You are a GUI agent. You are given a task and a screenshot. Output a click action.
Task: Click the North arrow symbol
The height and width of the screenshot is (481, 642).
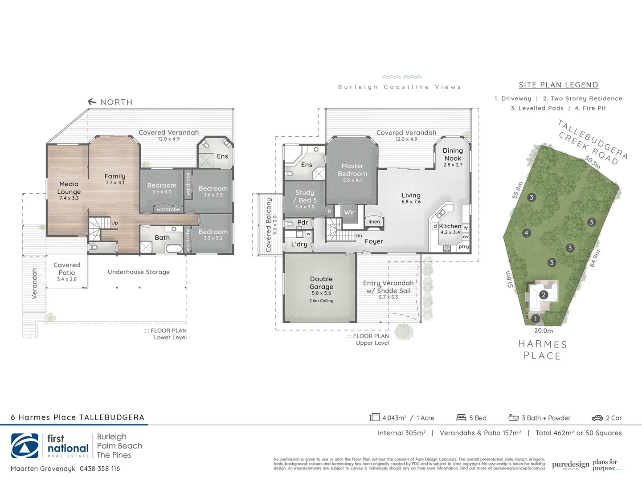(92, 102)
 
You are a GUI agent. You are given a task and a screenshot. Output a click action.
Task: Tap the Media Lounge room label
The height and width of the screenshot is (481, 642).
(69, 188)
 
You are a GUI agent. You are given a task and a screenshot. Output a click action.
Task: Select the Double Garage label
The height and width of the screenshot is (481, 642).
(321, 283)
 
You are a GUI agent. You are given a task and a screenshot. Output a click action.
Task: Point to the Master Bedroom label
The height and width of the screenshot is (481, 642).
(352, 170)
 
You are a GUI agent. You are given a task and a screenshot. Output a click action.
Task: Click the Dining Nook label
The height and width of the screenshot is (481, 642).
(453, 155)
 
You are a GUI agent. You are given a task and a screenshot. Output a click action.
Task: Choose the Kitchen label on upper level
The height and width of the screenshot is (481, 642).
(450, 226)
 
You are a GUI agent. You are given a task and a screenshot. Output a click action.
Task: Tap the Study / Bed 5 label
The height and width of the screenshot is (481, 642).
(305, 196)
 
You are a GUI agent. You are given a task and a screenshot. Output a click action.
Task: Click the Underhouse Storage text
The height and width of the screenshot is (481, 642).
(139, 272)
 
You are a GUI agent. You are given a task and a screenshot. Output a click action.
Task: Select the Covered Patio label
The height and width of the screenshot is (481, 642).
(67, 269)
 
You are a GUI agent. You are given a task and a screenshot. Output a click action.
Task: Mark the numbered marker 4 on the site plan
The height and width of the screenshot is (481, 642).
(526, 233)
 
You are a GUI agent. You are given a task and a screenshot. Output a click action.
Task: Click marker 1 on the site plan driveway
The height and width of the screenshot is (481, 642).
(536, 318)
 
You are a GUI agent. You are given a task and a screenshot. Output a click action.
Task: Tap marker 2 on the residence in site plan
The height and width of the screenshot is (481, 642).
(543, 295)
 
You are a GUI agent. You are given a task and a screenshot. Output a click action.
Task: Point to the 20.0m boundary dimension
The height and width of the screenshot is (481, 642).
(544, 331)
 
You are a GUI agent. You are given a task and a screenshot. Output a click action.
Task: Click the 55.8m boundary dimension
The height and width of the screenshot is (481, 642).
(517, 190)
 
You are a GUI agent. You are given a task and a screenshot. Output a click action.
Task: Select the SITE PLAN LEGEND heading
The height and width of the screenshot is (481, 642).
(558, 85)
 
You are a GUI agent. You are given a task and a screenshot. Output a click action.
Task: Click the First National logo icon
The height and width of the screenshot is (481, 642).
(25, 446)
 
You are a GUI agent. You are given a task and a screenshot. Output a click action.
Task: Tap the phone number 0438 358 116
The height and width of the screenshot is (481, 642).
(100, 469)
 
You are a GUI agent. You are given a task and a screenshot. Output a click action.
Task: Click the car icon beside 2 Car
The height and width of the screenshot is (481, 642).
(597, 418)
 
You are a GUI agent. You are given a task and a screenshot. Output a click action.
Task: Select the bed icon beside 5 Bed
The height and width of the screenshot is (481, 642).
(461, 418)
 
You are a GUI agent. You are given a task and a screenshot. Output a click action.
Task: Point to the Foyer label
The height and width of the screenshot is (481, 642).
(374, 241)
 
